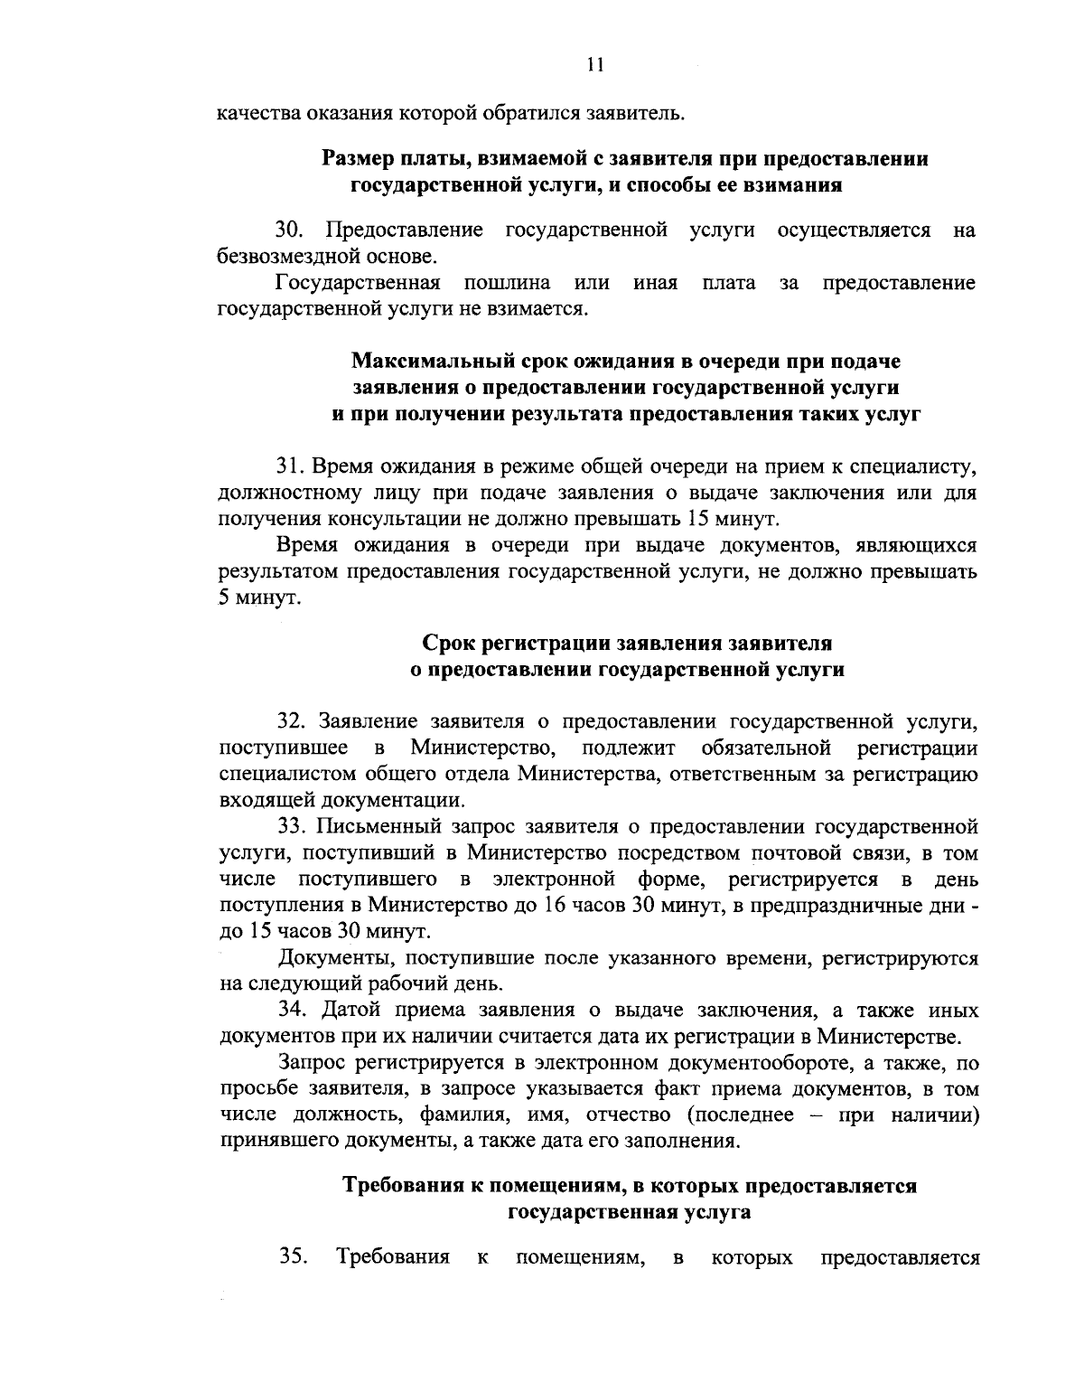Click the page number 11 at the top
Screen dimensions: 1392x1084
click(x=594, y=64)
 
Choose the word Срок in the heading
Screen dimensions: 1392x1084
click(x=447, y=644)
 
